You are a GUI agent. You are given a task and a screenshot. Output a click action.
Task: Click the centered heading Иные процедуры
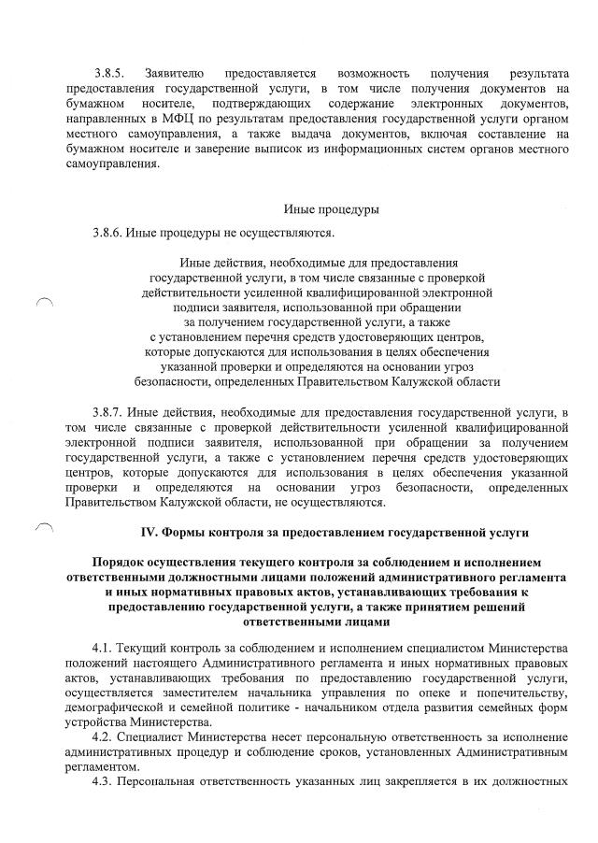323,210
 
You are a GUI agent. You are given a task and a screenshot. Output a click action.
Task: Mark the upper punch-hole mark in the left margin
43,302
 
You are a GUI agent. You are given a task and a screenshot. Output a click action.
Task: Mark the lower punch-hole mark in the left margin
43,529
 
